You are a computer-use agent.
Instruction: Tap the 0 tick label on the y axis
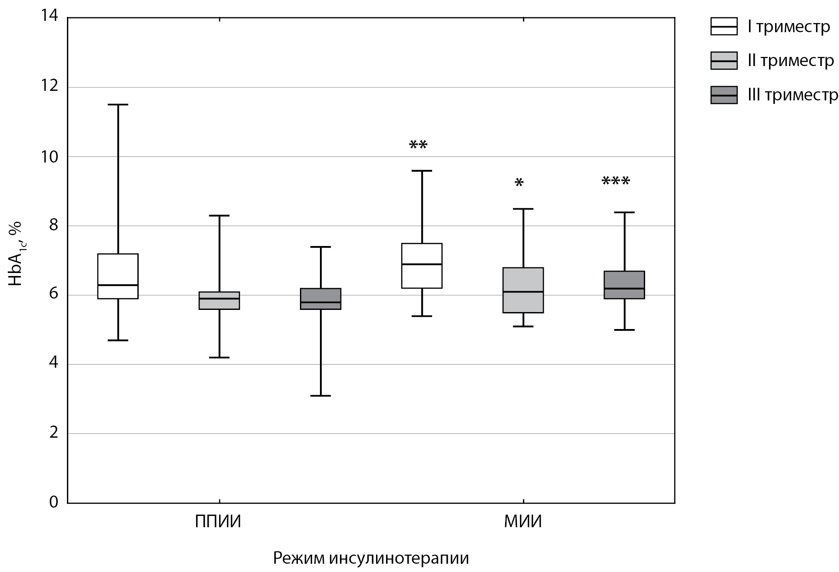pyautogui.click(x=53, y=502)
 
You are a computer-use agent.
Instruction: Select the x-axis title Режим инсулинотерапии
pyautogui.click(x=371, y=558)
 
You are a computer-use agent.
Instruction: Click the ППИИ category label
pyautogui.click(x=218, y=522)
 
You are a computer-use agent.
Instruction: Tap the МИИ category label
pyautogui.click(x=523, y=522)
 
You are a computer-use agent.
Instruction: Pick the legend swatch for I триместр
pyautogui.click(x=724, y=27)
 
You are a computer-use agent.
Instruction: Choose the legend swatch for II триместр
pyautogui.click(x=724, y=61)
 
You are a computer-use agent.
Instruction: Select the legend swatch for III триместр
pyautogui.click(x=724, y=95)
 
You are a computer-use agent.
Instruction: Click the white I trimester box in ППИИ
pyautogui.click(x=118, y=276)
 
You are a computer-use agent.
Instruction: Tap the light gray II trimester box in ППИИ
pyautogui.click(x=219, y=300)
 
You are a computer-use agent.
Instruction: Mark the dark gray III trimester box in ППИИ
pyautogui.click(x=321, y=299)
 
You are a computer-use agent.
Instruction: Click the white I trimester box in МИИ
pyautogui.click(x=422, y=266)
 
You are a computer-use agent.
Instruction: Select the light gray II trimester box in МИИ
pyautogui.click(x=523, y=290)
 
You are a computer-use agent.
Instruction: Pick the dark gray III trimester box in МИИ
pyautogui.click(x=624, y=285)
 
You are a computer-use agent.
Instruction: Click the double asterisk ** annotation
pyautogui.click(x=418, y=145)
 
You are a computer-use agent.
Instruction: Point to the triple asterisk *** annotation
pyautogui.click(x=616, y=181)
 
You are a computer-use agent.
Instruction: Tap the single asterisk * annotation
pyautogui.click(x=519, y=183)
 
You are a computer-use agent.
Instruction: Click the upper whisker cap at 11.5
pyautogui.click(x=118, y=105)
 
